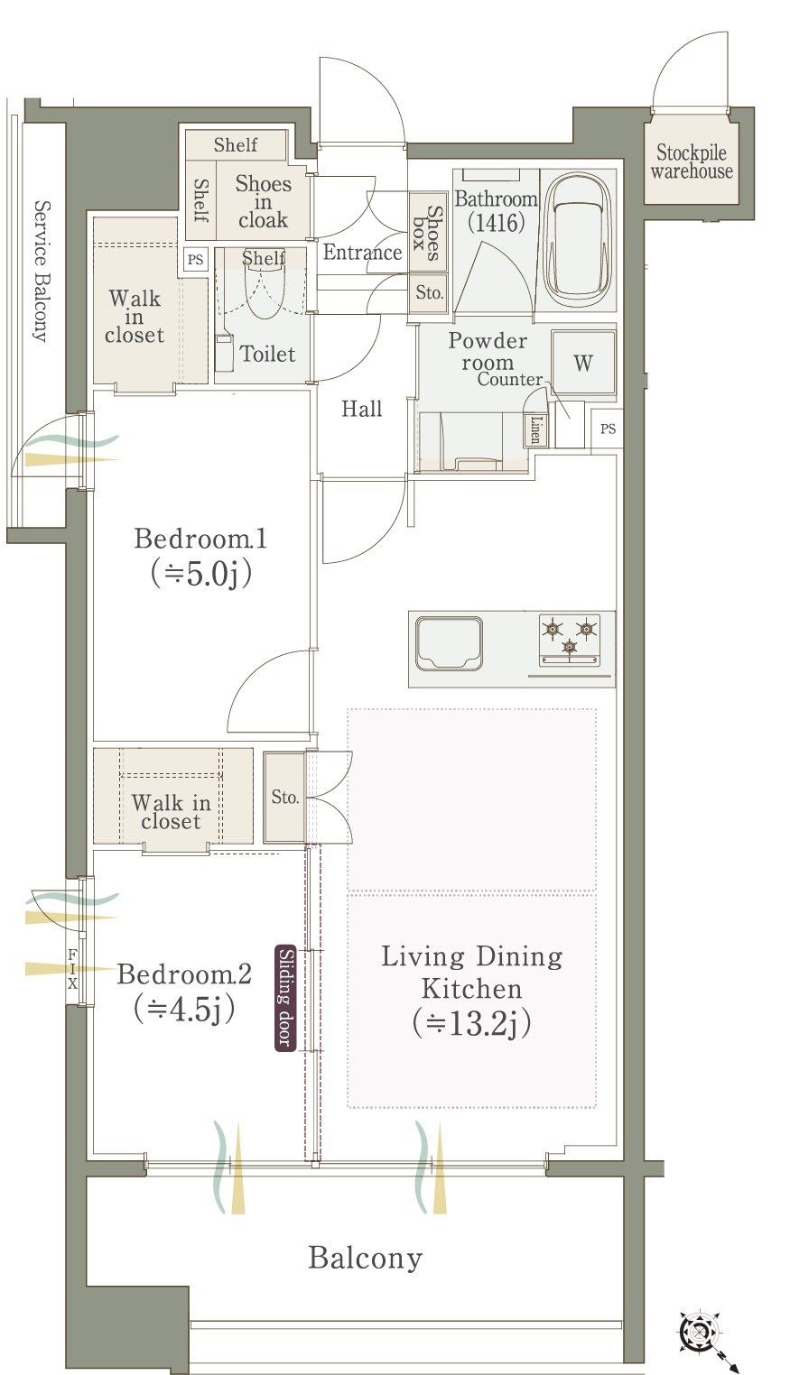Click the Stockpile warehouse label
(691, 161)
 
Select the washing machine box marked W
(583, 362)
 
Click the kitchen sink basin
(449, 642)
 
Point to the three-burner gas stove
(570, 641)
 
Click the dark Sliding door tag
(285, 998)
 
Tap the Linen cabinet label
(535, 429)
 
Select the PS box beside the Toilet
(195, 259)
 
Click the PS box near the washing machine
(608, 429)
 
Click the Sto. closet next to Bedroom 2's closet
(284, 797)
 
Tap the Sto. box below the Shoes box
(429, 293)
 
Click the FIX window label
(72, 969)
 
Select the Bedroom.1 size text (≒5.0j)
(200, 573)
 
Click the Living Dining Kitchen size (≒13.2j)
(472, 1022)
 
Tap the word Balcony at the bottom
(366, 1258)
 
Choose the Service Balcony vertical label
(41, 271)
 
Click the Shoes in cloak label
(263, 201)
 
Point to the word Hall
(362, 409)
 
